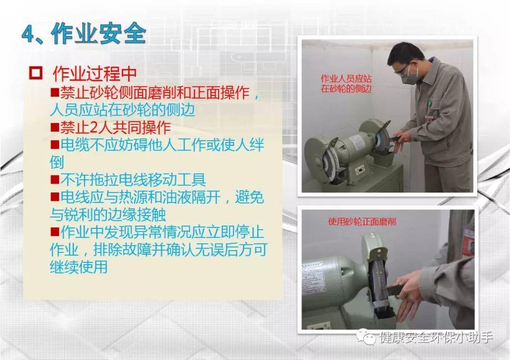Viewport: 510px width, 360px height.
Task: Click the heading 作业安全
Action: [x=99, y=33]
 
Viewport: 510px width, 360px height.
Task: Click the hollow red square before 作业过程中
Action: [x=35, y=73]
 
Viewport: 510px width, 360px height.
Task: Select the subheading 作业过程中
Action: [x=94, y=74]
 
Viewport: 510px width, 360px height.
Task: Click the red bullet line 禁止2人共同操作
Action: [x=110, y=127]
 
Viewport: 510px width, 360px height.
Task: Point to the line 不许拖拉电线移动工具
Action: [x=128, y=179]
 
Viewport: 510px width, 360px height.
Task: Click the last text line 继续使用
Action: [x=79, y=267]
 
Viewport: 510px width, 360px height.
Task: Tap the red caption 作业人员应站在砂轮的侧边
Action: [x=346, y=84]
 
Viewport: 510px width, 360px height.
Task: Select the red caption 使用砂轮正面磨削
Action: [x=362, y=222]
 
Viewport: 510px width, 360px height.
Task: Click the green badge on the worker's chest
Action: [x=430, y=103]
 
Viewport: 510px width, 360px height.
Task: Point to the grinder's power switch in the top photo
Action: [x=360, y=169]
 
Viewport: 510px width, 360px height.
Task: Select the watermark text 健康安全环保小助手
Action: [x=436, y=337]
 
